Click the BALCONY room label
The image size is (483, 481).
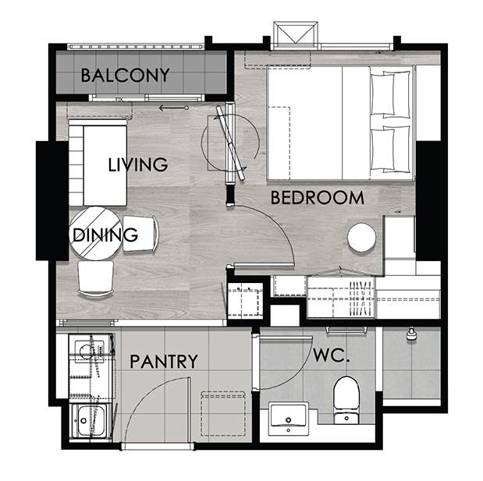[x=125, y=76]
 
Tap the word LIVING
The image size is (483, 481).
[x=138, y=164]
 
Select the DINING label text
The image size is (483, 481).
[x=105, y=235]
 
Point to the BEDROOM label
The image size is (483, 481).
[x=318, y=197]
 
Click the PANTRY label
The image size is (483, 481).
[x=164, y=361]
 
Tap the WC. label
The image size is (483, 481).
[x=332, y=355]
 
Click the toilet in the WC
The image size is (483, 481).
[x=346, y=400]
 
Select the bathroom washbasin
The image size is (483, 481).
[x=289, y=419]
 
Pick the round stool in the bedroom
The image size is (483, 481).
[x=361, y=237]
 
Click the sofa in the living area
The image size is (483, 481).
[x=98, y=163]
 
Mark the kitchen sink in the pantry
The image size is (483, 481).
[x=88, y=420]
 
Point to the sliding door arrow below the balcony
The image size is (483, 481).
[x=173, y=108]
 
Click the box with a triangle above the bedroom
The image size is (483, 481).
[x=296, y=34]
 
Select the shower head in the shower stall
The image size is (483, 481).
[x=410, y=334]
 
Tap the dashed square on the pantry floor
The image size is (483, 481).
[x=223, y=413]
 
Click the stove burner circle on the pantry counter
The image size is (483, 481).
[x=87, y=352]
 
